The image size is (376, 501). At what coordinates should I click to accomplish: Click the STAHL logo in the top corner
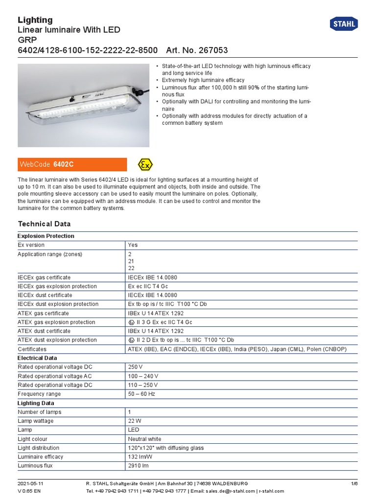(344, 24)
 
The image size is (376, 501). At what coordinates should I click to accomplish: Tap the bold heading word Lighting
(35, 20)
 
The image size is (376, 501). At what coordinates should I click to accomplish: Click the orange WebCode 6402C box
(72, 164)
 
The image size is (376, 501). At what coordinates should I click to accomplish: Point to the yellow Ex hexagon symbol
(145, 164)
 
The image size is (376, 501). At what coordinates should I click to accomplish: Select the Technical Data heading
(44, 224)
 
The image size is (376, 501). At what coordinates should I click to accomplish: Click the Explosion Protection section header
(46, 236)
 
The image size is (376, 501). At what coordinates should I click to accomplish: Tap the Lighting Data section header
(36, 403)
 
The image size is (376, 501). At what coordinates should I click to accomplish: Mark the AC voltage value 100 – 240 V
(143, 376)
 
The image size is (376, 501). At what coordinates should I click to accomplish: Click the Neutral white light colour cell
(144, 439)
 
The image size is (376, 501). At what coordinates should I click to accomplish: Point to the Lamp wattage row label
(36, 421)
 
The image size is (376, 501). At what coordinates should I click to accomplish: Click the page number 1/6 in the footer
(354, 483)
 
